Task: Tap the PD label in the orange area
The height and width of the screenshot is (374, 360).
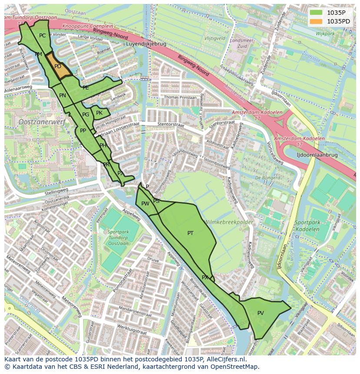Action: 58,66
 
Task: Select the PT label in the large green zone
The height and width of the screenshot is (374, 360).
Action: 190,233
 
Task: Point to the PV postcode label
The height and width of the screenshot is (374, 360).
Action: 260,313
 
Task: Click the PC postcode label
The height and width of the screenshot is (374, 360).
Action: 42,36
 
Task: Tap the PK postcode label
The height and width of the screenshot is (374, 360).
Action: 99,113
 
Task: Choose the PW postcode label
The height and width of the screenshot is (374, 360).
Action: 145,203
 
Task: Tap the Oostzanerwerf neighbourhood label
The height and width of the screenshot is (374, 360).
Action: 42,122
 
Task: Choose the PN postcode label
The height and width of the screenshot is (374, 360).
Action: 63,96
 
